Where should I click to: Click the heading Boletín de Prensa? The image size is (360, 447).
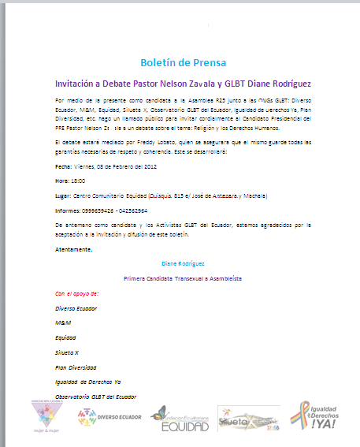(183, 62)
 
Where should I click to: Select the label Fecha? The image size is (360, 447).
(64, 166)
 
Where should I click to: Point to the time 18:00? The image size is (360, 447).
(80, 181)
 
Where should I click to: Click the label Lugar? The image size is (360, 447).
(64, 195)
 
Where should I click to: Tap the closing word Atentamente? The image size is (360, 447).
(74, 249)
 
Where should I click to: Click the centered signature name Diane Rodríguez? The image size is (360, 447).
(183, 263)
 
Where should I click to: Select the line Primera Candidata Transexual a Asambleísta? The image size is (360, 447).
(183, 278)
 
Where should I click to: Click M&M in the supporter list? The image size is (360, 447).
(63, 322)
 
